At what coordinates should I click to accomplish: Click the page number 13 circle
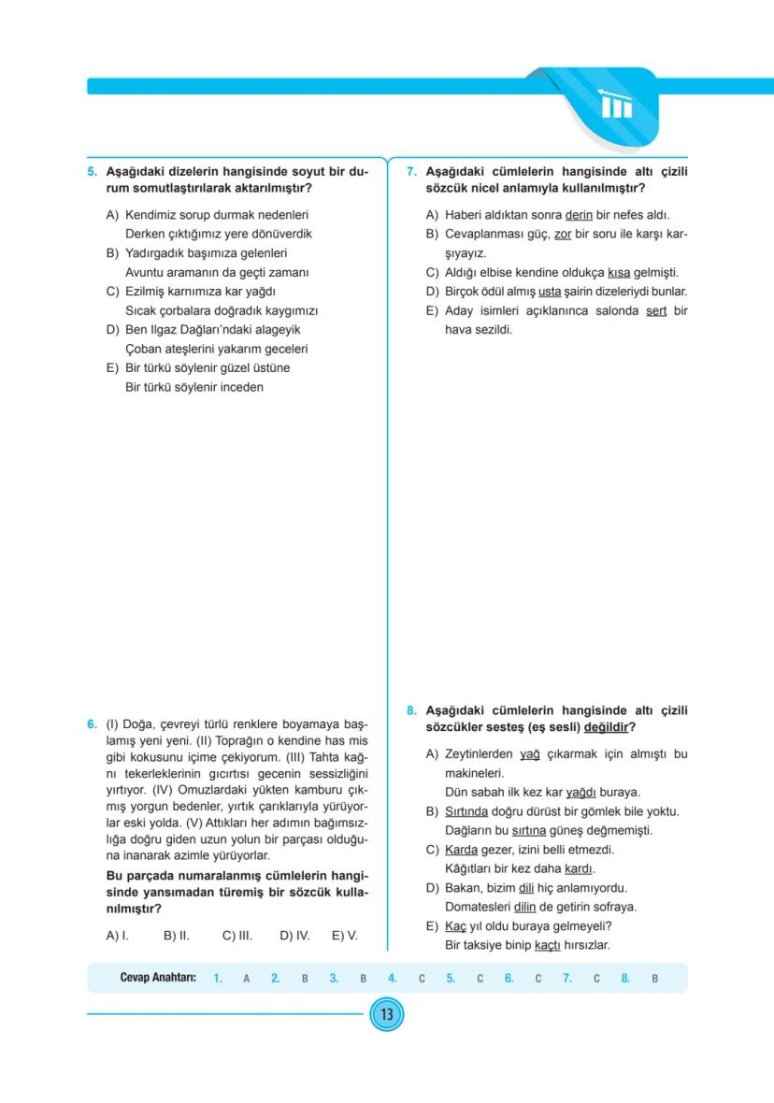(x=386, y=1014)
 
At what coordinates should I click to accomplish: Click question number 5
(x=92, y=173)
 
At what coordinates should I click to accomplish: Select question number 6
(x=92, y=723)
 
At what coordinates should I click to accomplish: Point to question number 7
(x=411, y=173)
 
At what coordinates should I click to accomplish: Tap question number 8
(x=411, y=711)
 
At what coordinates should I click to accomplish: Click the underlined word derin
(x=580, y=215)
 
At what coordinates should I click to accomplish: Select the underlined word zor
(x=562, y=234)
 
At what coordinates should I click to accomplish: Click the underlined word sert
(x=656, y=310)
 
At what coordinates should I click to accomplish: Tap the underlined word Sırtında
(x=465, y=811)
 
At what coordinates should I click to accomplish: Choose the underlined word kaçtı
(x=548, y=946)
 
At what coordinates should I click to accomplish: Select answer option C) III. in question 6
(x=237, y=935)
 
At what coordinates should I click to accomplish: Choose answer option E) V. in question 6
(x=345, y=935)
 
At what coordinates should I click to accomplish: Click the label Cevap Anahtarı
(x=157, y=979)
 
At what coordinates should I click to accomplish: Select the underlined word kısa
(x=618, y=273)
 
